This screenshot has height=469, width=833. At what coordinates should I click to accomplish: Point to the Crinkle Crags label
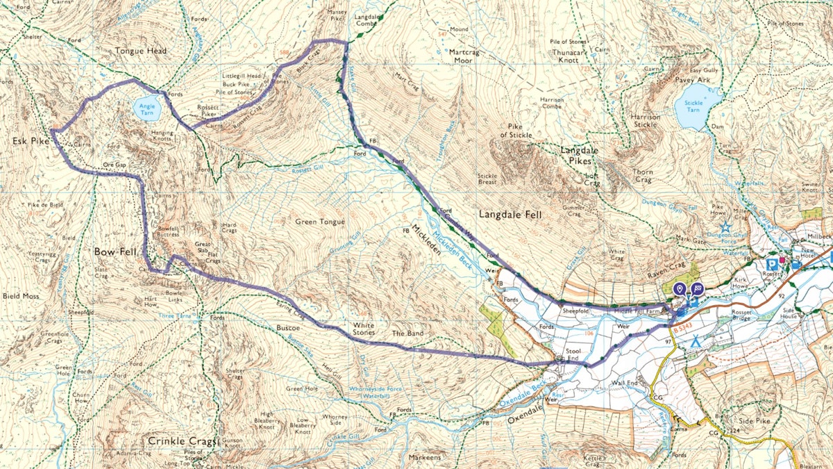point(176,441)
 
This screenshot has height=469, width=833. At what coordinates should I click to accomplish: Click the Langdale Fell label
point(510,215)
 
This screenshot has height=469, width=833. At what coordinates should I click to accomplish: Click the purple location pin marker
point(680,289)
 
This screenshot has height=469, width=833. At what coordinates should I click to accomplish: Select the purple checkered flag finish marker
point(697,289)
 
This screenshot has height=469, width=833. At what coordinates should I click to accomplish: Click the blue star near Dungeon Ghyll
point(725,227)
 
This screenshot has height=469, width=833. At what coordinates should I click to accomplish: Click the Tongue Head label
point(141,51)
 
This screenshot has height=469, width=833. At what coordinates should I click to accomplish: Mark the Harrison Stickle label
point(646,122)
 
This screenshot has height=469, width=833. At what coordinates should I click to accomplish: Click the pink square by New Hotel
point(783,261)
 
